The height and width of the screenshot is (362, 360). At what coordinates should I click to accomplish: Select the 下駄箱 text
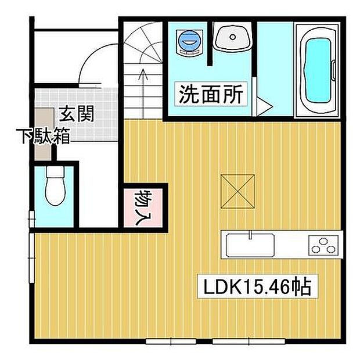click(44, 137)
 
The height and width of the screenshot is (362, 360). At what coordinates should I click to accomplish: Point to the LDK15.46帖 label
click(257, 286)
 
